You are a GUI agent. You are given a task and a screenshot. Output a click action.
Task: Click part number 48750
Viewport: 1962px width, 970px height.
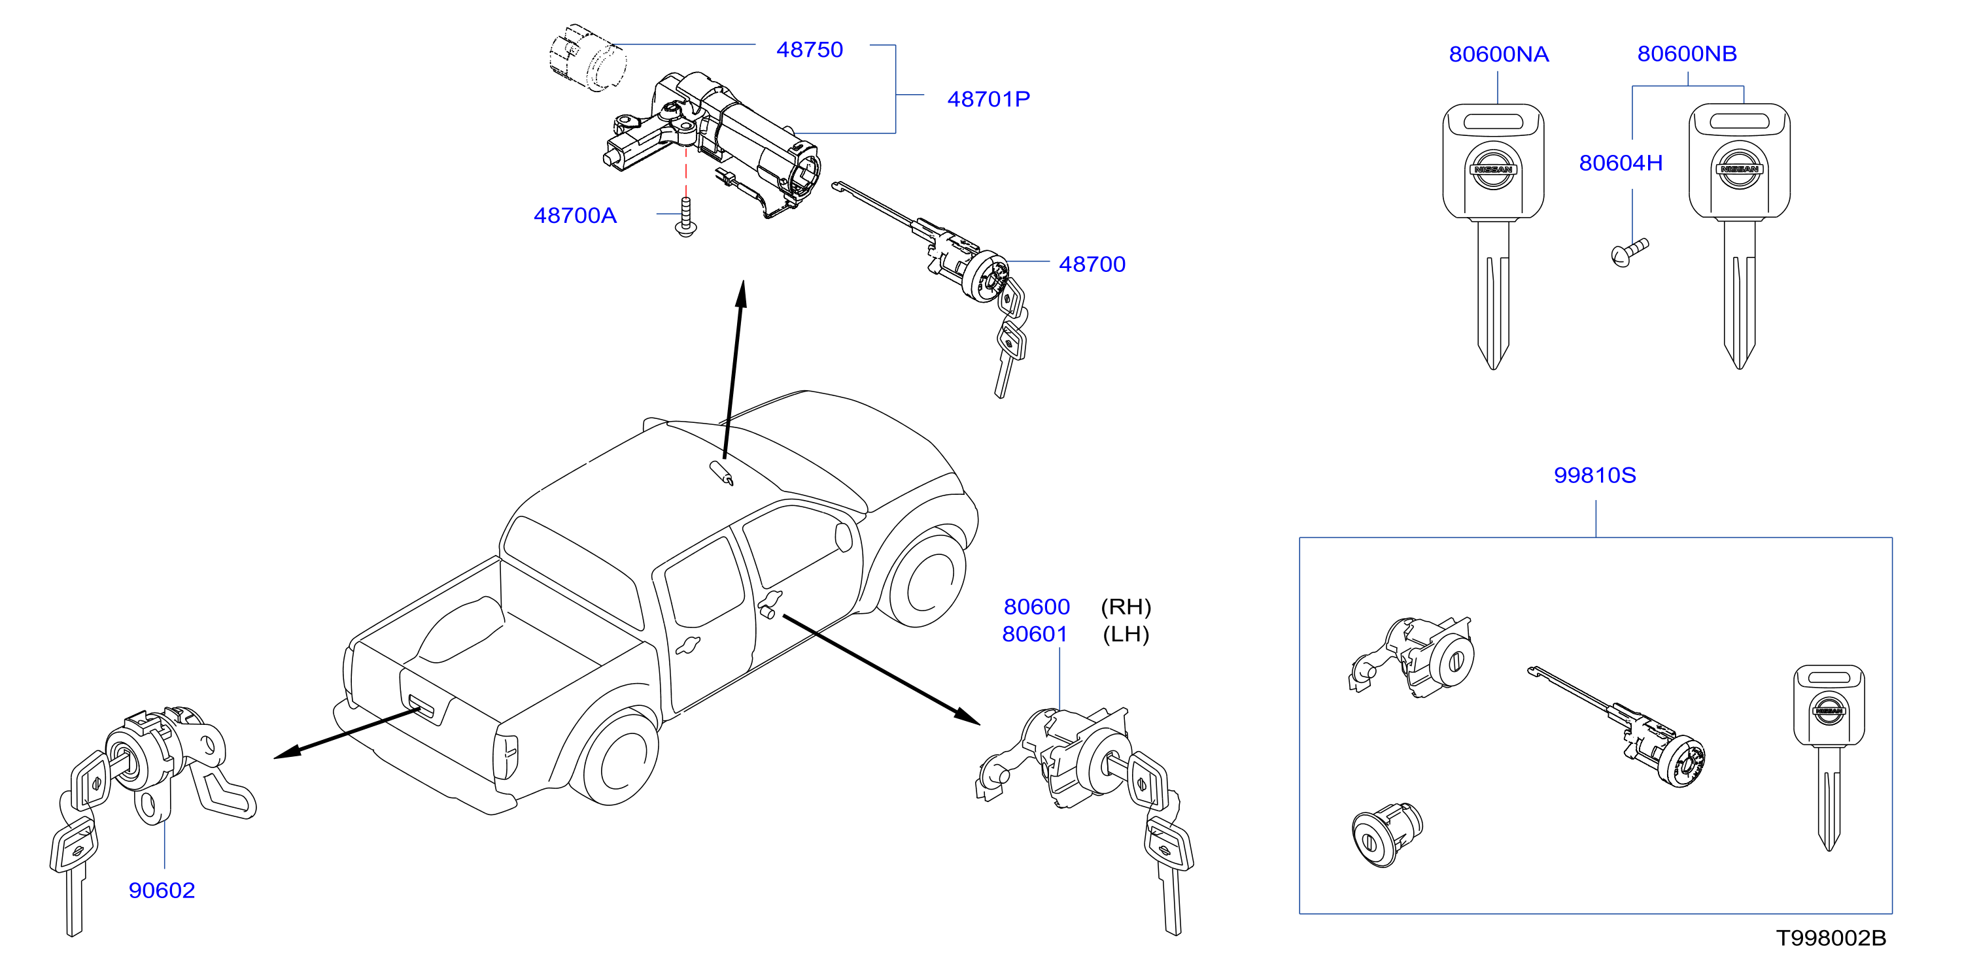pyautogui.click(x=809, y=50)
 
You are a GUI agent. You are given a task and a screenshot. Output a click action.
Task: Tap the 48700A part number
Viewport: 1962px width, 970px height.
pyautogui.click(x=575, y=216)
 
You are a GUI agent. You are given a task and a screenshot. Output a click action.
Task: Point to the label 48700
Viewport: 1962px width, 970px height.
pyautogui.click(x=1092, y=264)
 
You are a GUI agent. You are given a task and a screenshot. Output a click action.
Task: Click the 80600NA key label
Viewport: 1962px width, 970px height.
pyautogui.click(x=1498, y=54)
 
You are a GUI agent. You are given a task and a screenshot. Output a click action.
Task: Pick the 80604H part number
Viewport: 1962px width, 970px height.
pyautogui.click(x=1620, y=163)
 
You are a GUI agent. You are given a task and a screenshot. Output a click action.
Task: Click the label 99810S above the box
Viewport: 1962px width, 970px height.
pyautogui.click(x=1594, y=475)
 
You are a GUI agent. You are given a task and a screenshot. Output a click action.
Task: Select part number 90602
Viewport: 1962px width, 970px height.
pyautogui.click(x=162, y=890)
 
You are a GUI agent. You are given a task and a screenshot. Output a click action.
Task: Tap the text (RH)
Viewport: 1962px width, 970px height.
pyautogui.click(x=1126, y=607)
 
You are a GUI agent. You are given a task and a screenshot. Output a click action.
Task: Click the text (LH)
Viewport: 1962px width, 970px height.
pyautogui.click(x=1126, y=634)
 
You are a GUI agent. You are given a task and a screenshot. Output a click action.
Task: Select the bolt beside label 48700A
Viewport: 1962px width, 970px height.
pyautogui.click(x=685, y=217)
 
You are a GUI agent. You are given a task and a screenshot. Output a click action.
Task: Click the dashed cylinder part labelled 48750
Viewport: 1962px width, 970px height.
pyautogui.click(x=587, y=57)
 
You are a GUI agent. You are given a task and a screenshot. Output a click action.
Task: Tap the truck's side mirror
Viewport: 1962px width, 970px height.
pyautogui.click(x=843, y=536)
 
